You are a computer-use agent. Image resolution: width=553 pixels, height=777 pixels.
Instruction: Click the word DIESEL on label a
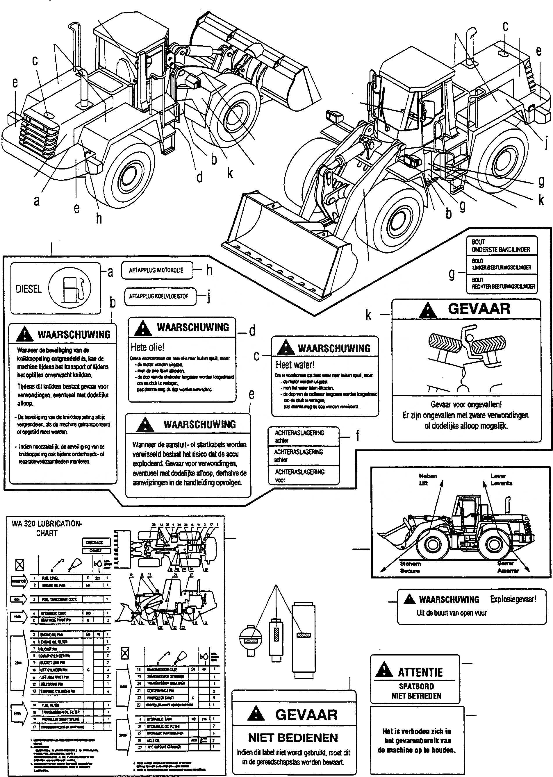tap(28, 289)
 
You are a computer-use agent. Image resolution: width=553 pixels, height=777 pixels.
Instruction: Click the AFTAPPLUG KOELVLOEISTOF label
tap(158, 296)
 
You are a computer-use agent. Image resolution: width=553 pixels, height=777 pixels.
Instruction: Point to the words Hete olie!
tap(147, 347)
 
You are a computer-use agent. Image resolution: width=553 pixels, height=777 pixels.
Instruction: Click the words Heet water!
tap(295, 365)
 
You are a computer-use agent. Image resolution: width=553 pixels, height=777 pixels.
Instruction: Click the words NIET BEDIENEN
tap(293, 738)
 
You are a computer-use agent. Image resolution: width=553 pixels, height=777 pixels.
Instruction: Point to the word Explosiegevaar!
tap(513, 599)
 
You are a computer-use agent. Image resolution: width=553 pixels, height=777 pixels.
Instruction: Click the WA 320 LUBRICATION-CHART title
tap(47, 528)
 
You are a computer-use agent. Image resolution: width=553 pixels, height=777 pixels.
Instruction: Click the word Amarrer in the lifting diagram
tap(508, 571)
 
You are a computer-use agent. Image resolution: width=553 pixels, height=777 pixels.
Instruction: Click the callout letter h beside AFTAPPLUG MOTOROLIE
tap(209, 270)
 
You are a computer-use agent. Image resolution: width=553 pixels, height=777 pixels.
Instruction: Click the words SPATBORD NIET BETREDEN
tap(416, 691)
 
